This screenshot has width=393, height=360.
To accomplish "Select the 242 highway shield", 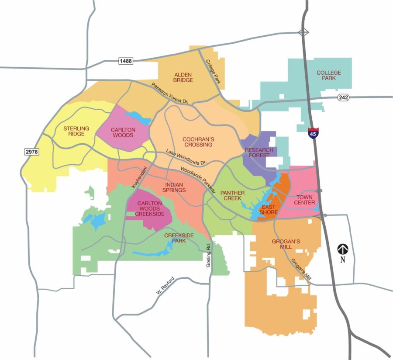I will tap(343, 97).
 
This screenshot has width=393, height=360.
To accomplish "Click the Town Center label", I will tap(304, 200).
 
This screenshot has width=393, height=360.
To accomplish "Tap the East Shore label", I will tap(269, 209).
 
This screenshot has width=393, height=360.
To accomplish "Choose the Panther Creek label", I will tap(232, 195).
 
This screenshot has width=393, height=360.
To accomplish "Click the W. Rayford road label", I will tap(165, 287).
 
